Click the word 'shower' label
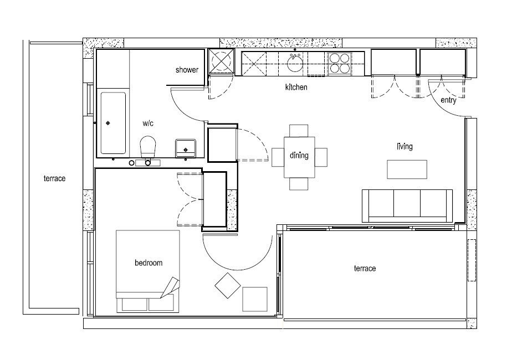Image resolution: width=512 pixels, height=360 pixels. [187, 70]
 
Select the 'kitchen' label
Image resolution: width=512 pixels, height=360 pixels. [296, 88]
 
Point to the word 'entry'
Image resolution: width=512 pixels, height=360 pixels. [448, 100]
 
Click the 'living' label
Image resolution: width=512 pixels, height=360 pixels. [405, 147]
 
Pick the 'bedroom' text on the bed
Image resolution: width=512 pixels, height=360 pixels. [149, 263]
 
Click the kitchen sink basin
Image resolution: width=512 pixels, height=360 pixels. [295, 63]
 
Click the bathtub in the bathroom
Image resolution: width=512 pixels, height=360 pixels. [113, 123]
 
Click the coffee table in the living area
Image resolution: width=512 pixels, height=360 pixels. [407, 169]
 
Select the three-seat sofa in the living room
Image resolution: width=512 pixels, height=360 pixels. [407, 205]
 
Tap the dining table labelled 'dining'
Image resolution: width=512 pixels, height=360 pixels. [299, 156]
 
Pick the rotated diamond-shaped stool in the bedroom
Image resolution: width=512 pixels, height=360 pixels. [227, 286]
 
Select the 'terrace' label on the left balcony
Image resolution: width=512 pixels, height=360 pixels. [54, 178]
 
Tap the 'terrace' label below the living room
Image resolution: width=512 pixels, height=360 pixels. [365, 269]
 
